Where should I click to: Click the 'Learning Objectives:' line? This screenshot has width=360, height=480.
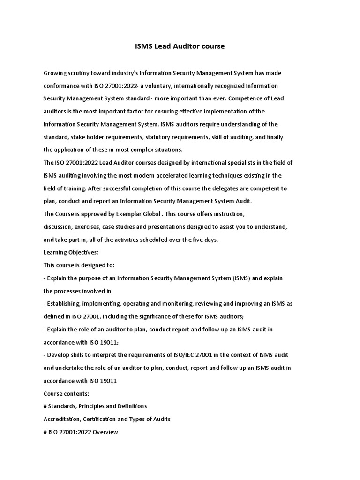tap(71, 252)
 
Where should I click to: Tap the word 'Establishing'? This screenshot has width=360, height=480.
tap(66, 304)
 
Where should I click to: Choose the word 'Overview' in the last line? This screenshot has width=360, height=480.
tap(105, 432)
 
